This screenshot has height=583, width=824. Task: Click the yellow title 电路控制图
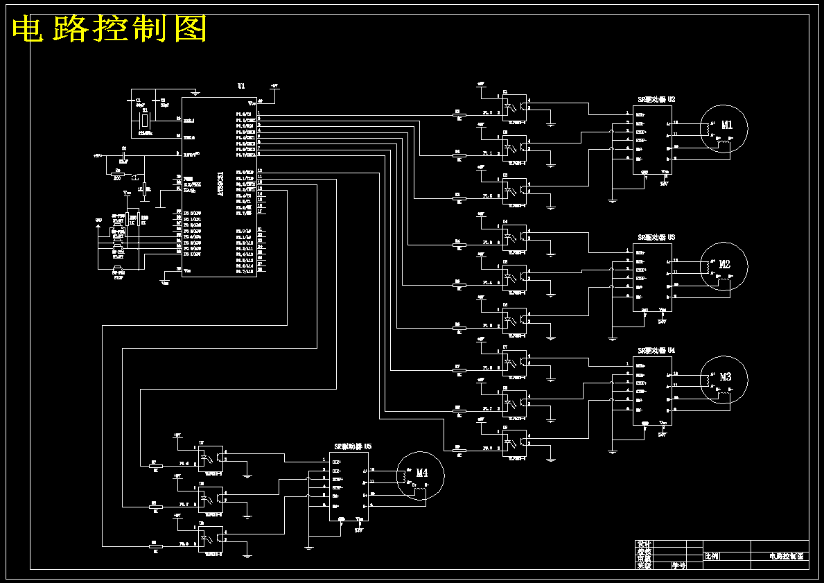click(110, 29)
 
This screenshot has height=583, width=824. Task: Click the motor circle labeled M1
click(724, 127)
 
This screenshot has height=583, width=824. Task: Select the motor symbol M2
click(724, 265)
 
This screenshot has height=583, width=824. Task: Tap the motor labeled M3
click(724, 378)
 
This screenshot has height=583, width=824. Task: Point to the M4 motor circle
click(420, 474)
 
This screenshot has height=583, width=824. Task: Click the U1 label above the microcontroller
click(241, 86)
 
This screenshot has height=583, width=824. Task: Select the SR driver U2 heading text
click(656, 100)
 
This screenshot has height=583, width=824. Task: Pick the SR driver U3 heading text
click(656, 237)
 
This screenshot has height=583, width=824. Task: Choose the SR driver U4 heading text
click(656, 351)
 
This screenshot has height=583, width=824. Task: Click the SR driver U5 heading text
click(353, 447)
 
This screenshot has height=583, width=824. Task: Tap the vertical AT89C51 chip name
click(220, 184)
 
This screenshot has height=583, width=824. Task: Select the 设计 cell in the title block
click(645, 544)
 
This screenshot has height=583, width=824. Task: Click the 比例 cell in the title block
click(712, 556)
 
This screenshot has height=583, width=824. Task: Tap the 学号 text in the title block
click(678, 565)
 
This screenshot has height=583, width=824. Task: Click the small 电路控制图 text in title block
click(786, 556)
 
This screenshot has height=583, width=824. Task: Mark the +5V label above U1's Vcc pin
click(274, 86)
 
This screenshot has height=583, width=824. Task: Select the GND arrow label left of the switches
click(98, 221)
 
